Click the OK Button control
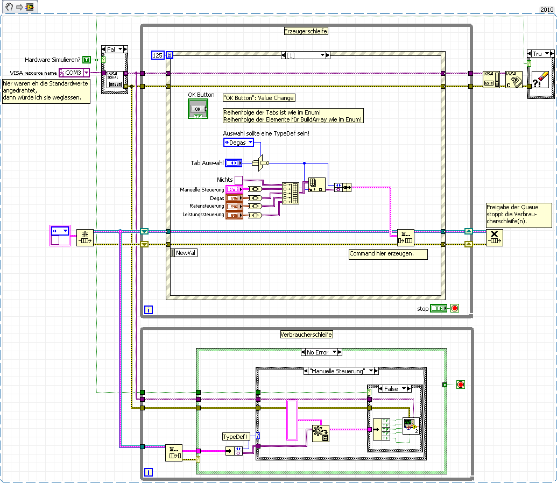pyautogui.click(x=198, y=109)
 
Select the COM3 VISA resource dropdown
pyautogui.click(x=74, y=73)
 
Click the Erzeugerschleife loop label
pyautogui.click(x=306, y=31)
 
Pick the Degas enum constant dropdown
pyautogui.click(x=238, y=143)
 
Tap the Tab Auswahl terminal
pyautogui.click(x=234, y=162)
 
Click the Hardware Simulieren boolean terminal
pyautogui.click(x=87, y=59)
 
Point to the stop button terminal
pyautogui.click(x=439, y=308)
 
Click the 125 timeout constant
pyautogui.click(x=158, y=55)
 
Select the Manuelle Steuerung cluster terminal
pyautogui.click(x=234, y=189)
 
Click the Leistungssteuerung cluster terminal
pyautogui.click(x=234, y=215)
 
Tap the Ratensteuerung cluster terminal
pyautogui.click(x=234, y=206)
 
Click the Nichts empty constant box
pyautogui.click(x=238, y=180)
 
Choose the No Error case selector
pyautogui.click(x=321, y=352)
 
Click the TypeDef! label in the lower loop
pyautogui.click(x=235, y=436)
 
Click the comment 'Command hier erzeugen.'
pyautogui.click(x=388, y=254)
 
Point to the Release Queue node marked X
pyautogui.click(x=495, y=237)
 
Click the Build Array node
pyautogui.click(x=291, y=193)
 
